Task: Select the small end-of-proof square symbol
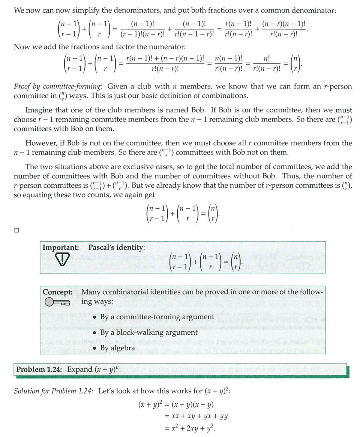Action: tap(16, 230)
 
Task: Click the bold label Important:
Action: tap(61, 248)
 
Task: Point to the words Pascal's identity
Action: tap(117, 248)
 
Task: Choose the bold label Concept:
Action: tap(57, 292)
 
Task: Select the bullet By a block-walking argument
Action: tap(148, 332)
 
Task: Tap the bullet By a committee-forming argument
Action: tap(157, 317)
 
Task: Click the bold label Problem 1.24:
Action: tap(40, 370)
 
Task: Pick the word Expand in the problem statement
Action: tap(79, 370)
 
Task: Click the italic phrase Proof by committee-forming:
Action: tap(58, 87)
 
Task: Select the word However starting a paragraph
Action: tap(40, 143)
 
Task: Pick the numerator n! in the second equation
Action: tap(267, 58)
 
